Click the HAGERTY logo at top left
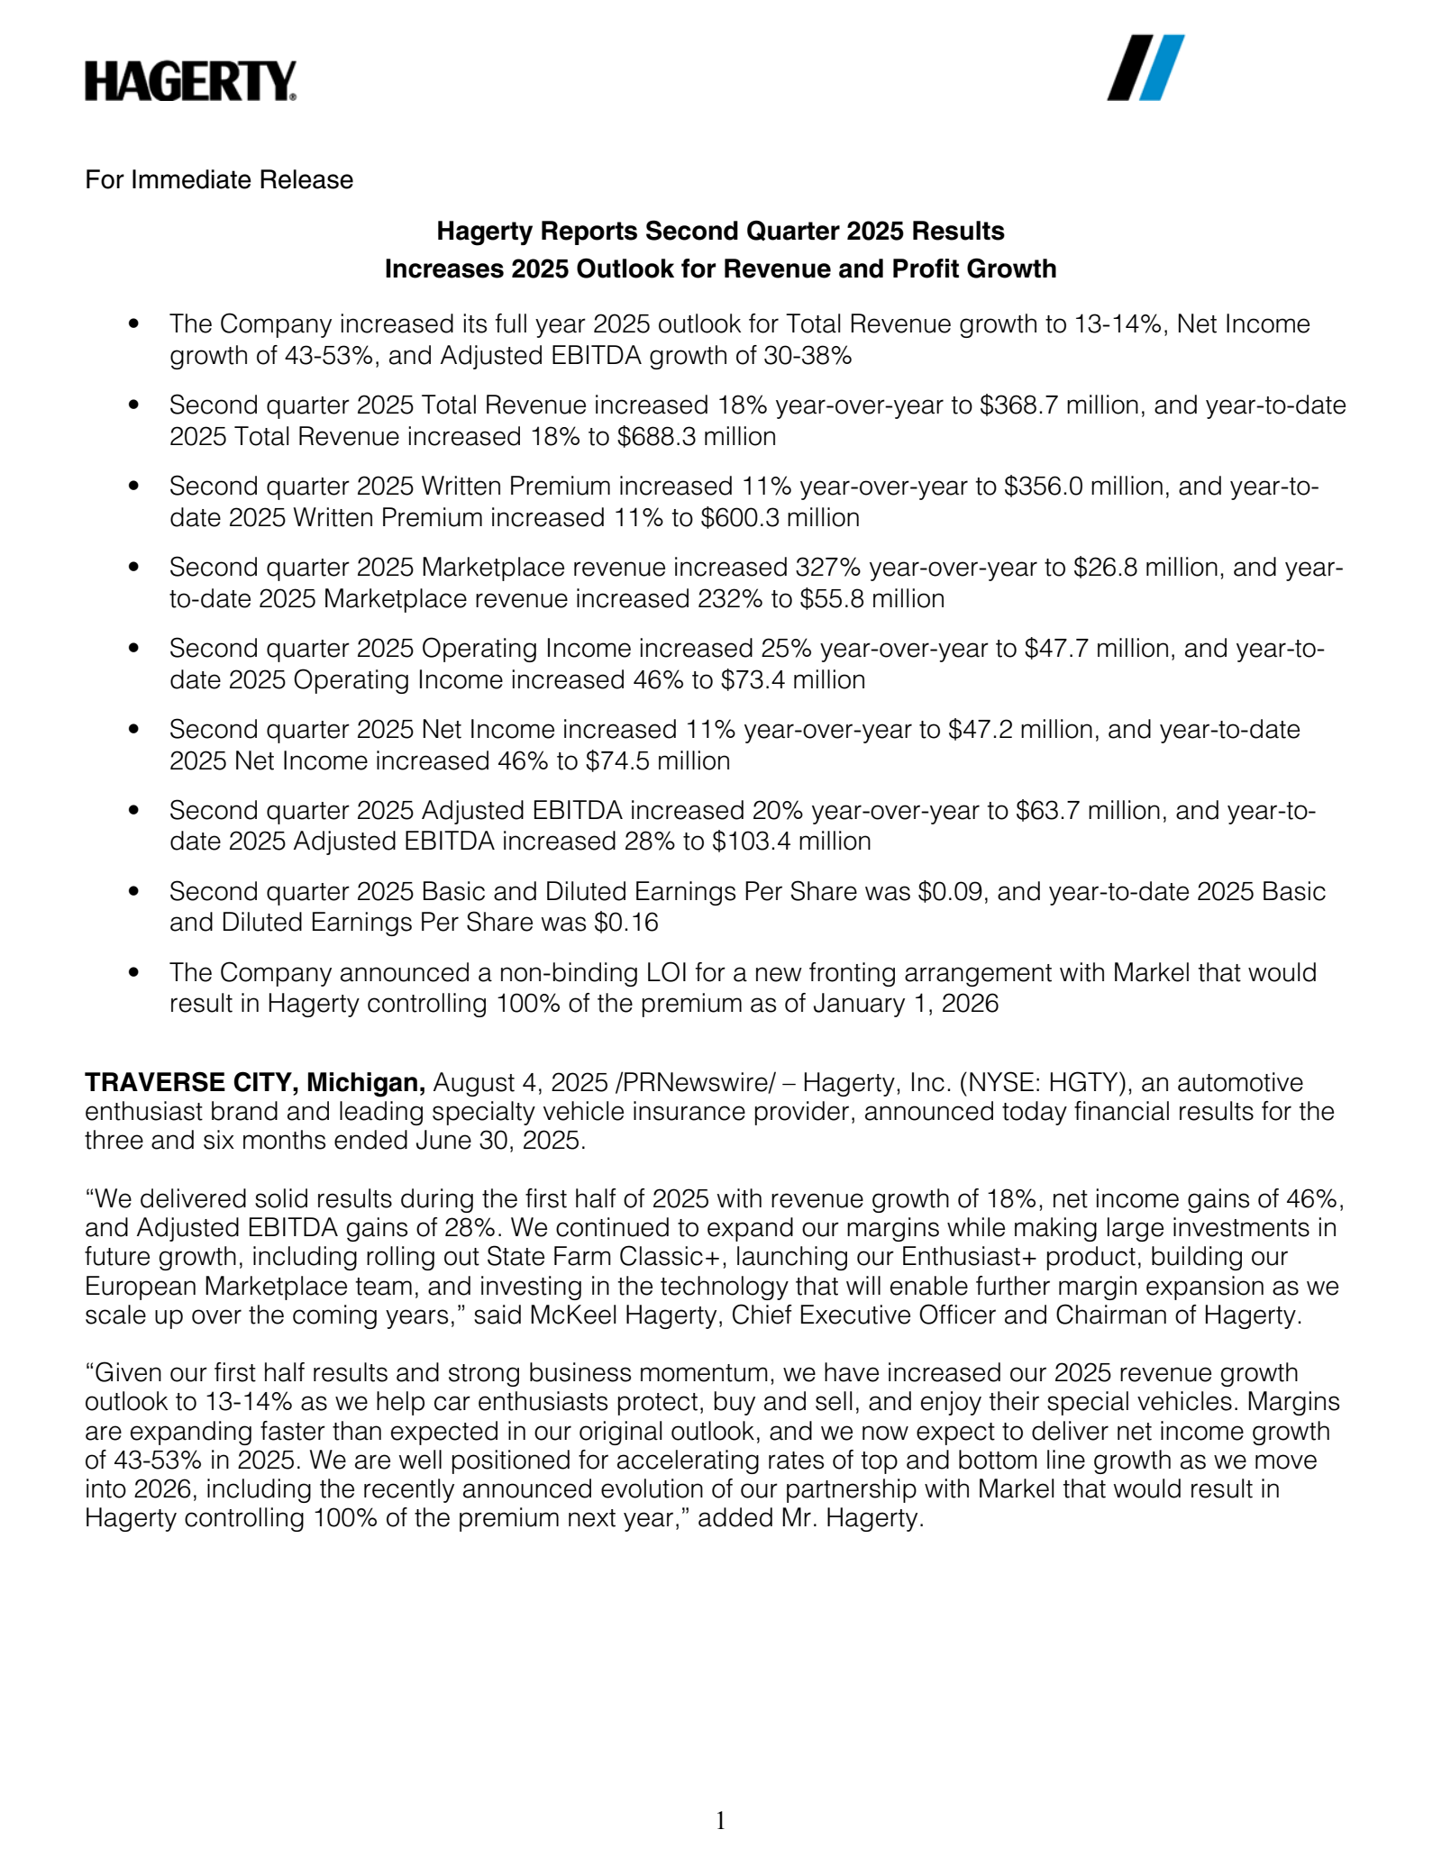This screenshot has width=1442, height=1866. [x=190, y=81]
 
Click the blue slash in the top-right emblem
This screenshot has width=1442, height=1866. [x=1162, y=68]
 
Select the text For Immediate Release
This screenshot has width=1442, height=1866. [x=219, y=180]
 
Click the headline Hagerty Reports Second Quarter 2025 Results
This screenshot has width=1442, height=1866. [x=720, y=232]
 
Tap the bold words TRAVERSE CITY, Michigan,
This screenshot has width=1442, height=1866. [x=255, y=1082]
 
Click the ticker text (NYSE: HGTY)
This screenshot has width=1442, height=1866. [x=1045, y=1082]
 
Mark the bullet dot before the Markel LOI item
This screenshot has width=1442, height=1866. [x=134, y=973]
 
